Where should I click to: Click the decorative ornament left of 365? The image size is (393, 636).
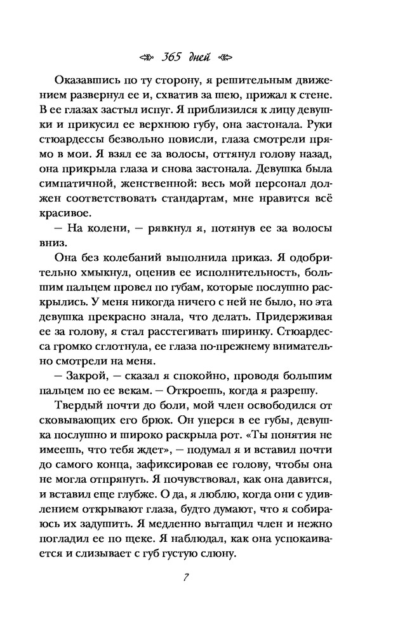pyautogui.click(x=147, y=57)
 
